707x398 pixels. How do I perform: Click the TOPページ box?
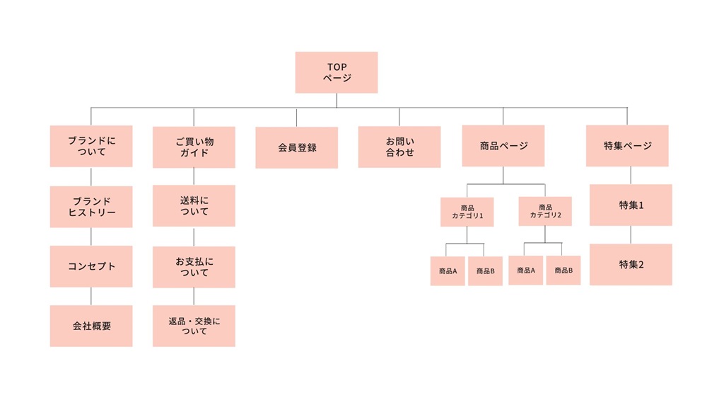(336, 72)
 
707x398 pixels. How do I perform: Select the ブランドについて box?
(91, 147)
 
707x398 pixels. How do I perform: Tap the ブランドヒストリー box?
(91, 207)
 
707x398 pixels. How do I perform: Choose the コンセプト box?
(91, 266)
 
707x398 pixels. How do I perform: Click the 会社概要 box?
(91, 326)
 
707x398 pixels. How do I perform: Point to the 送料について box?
(194, 206)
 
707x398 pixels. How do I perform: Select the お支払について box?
(194, 267)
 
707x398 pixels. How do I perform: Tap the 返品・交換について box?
(194, 326)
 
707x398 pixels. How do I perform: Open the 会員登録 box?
(297, 147)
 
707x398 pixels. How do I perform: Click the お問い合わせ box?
(399, 147)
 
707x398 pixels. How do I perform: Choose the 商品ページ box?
(503, 146)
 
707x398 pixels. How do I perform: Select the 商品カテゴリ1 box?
(467, 212)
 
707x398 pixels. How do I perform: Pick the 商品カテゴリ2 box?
(545, 211)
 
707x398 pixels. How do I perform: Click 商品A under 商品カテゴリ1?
(448, 271)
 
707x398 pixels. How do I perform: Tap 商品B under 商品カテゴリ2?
(563, 271)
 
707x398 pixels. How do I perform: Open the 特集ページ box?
(627, 146)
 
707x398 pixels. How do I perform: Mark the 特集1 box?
(631, 205)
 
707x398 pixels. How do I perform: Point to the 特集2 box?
(631, 265)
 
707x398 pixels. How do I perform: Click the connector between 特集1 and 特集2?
(631, 235)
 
